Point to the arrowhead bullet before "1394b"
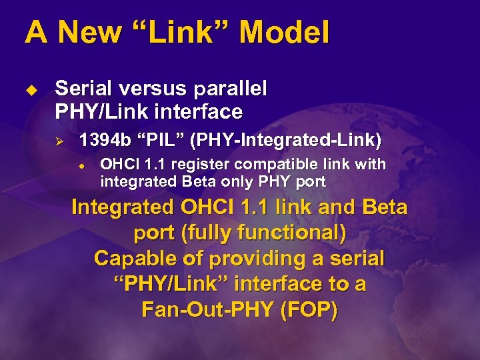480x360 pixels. point(59,141)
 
